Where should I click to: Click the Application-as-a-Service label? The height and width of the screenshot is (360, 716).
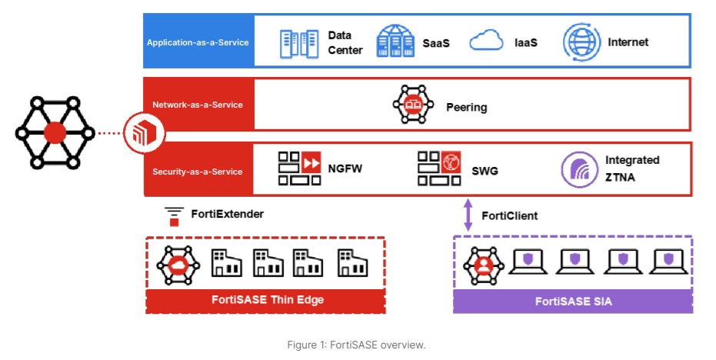coord(198,42)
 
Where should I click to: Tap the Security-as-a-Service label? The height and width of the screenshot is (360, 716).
coord(198,171)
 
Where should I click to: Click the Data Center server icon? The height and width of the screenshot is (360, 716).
coord(298,42)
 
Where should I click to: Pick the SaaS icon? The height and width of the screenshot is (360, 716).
coord(395,42)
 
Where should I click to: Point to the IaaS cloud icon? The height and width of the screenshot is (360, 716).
coord(485,42)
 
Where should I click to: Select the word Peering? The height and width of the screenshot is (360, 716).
coord(466,107)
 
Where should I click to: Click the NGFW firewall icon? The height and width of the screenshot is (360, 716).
coord(299,168)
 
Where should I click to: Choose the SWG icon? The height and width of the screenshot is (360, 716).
coord(438,168)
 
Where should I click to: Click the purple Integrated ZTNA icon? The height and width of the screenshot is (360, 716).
coord(578,168)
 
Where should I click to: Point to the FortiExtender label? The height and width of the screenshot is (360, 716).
coord(227,214)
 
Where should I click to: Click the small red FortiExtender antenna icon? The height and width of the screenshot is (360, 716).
coord(174,216)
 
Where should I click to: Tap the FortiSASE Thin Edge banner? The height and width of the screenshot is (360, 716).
coord(265,299)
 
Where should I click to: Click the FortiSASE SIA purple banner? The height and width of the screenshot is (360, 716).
coord(572,301)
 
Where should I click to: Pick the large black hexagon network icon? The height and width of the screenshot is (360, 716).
coord(55,132)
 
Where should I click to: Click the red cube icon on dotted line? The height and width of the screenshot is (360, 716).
coord(144,133)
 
